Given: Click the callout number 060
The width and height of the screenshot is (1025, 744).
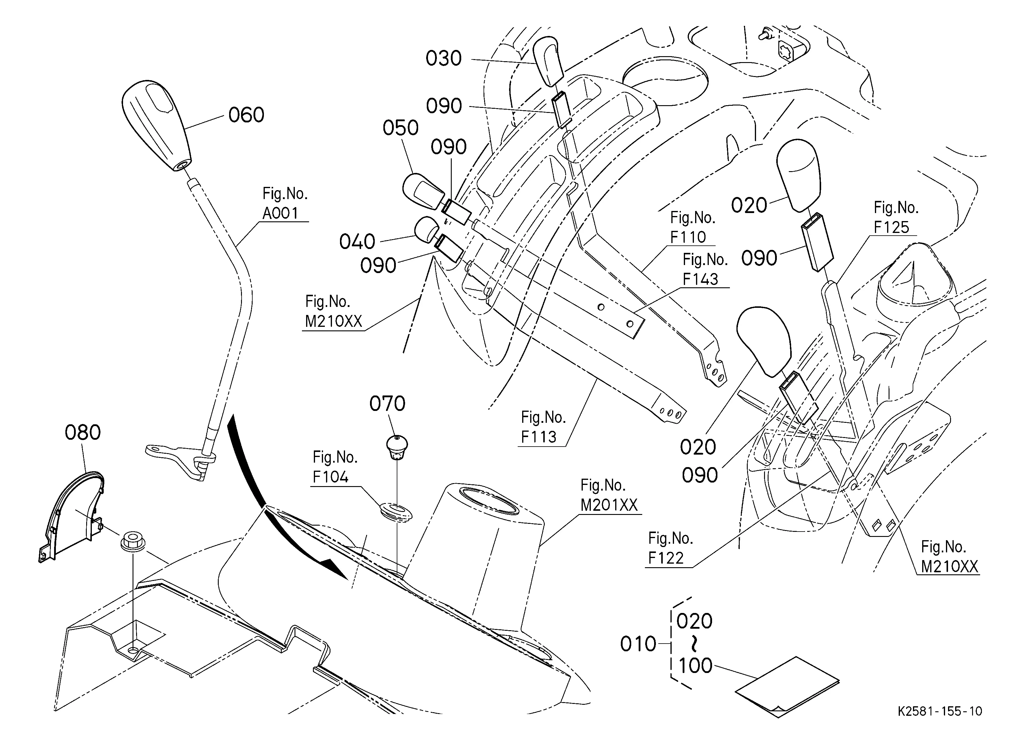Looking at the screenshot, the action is [x=246, y=115].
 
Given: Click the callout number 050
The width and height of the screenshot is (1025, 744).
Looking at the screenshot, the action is [x=400, y=128].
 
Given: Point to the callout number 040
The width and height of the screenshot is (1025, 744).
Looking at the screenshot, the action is [x=357, y=242].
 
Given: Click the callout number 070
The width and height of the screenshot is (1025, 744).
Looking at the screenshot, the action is [x=387, y=403].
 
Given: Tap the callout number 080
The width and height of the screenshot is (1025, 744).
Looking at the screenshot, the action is [x=83, y=433].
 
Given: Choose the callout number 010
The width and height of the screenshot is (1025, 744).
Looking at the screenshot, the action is [x=638, y=644].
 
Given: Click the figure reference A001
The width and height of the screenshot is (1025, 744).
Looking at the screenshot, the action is [x=280, y=213].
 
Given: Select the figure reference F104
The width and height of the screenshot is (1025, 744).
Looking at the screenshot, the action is [x=330, y=477].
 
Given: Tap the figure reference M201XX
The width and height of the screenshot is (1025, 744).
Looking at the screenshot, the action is [x=609, y=505].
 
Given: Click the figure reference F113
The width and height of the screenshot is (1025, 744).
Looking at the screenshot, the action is [x=539, y=437].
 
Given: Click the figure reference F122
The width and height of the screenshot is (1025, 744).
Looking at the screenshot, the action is [x=666, y=558].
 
